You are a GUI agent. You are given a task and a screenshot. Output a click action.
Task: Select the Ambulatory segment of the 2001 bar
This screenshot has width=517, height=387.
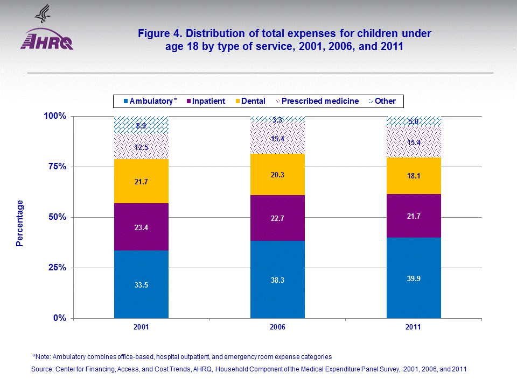142,284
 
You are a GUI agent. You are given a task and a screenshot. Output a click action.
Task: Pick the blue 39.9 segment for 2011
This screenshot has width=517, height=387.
414,277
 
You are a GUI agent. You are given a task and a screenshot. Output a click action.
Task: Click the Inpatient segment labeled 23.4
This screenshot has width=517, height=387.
142,227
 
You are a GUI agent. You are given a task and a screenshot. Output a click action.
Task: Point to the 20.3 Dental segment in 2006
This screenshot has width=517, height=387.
277,174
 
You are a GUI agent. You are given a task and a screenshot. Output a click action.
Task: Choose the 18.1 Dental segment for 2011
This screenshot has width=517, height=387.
414,176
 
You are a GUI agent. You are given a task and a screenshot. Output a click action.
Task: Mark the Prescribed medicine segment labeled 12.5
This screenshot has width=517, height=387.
142,147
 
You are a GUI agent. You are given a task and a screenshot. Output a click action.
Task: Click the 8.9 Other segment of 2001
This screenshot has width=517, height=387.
142,125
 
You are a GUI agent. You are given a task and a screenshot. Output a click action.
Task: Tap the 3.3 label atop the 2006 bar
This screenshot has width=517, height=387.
277,120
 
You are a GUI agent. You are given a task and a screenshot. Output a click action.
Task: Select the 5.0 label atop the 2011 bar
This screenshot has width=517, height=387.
414,121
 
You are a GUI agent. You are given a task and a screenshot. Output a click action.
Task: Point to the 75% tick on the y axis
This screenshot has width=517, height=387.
54,167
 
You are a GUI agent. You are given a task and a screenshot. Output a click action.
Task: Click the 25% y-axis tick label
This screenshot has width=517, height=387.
54,268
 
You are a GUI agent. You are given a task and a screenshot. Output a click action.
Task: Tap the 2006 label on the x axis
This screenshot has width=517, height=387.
277,327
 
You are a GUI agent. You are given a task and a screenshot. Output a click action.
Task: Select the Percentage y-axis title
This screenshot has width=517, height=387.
20,223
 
